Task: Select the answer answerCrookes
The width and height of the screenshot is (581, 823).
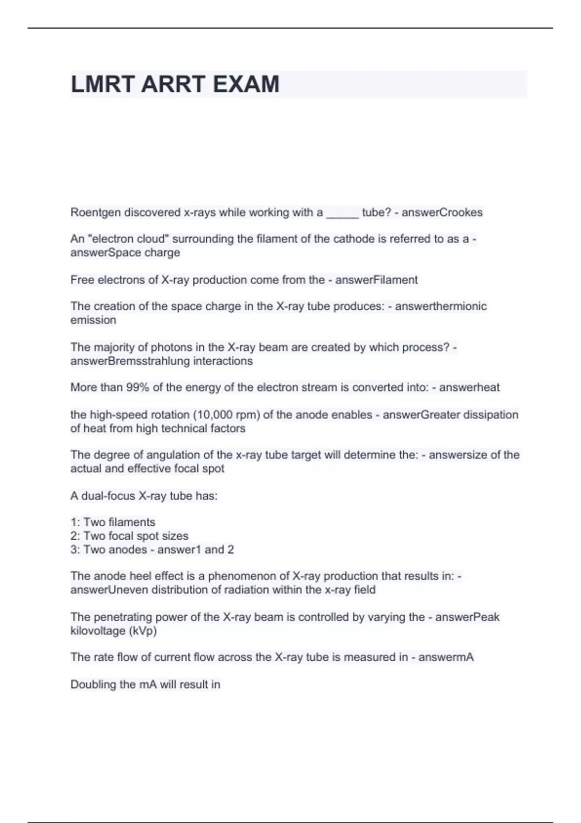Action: pos(442,213)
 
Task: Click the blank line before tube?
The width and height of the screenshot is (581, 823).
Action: pos(342,213)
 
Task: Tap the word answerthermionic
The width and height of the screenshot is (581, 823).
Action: pos(441,306)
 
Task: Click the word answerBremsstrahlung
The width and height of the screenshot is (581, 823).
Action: pos(130,361)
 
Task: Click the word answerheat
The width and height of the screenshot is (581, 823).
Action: pos(469,387)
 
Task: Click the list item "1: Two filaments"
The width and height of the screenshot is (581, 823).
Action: pos(113,522)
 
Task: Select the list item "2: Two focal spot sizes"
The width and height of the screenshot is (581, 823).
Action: pos(129,536)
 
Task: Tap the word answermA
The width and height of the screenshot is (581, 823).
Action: pos(446,657)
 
